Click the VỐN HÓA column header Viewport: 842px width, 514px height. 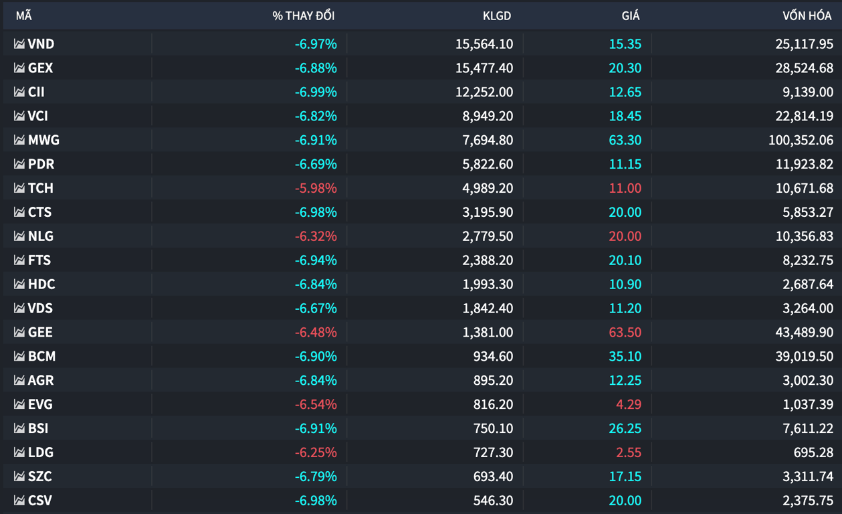807,15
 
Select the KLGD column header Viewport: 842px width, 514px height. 496,16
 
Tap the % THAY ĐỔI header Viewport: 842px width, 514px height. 304,15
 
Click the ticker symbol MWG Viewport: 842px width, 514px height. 43,140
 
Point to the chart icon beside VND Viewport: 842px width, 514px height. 19,44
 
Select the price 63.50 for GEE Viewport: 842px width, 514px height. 625,332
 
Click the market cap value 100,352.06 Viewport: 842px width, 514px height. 801,140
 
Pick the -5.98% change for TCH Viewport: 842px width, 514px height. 316,188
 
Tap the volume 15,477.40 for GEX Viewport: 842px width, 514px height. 484,68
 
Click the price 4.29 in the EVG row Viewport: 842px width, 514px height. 629,404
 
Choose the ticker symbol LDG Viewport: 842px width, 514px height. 41,452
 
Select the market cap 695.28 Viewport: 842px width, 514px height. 813,452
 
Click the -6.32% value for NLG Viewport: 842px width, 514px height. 316,236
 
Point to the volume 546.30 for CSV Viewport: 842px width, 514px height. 493,501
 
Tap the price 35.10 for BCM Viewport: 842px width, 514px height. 625,356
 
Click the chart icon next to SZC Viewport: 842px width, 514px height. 19,477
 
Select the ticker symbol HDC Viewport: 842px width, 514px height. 41,284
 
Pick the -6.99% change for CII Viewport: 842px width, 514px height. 316,92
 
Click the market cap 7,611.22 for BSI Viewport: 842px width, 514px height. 808,428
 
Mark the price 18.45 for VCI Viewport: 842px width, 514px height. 625,116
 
